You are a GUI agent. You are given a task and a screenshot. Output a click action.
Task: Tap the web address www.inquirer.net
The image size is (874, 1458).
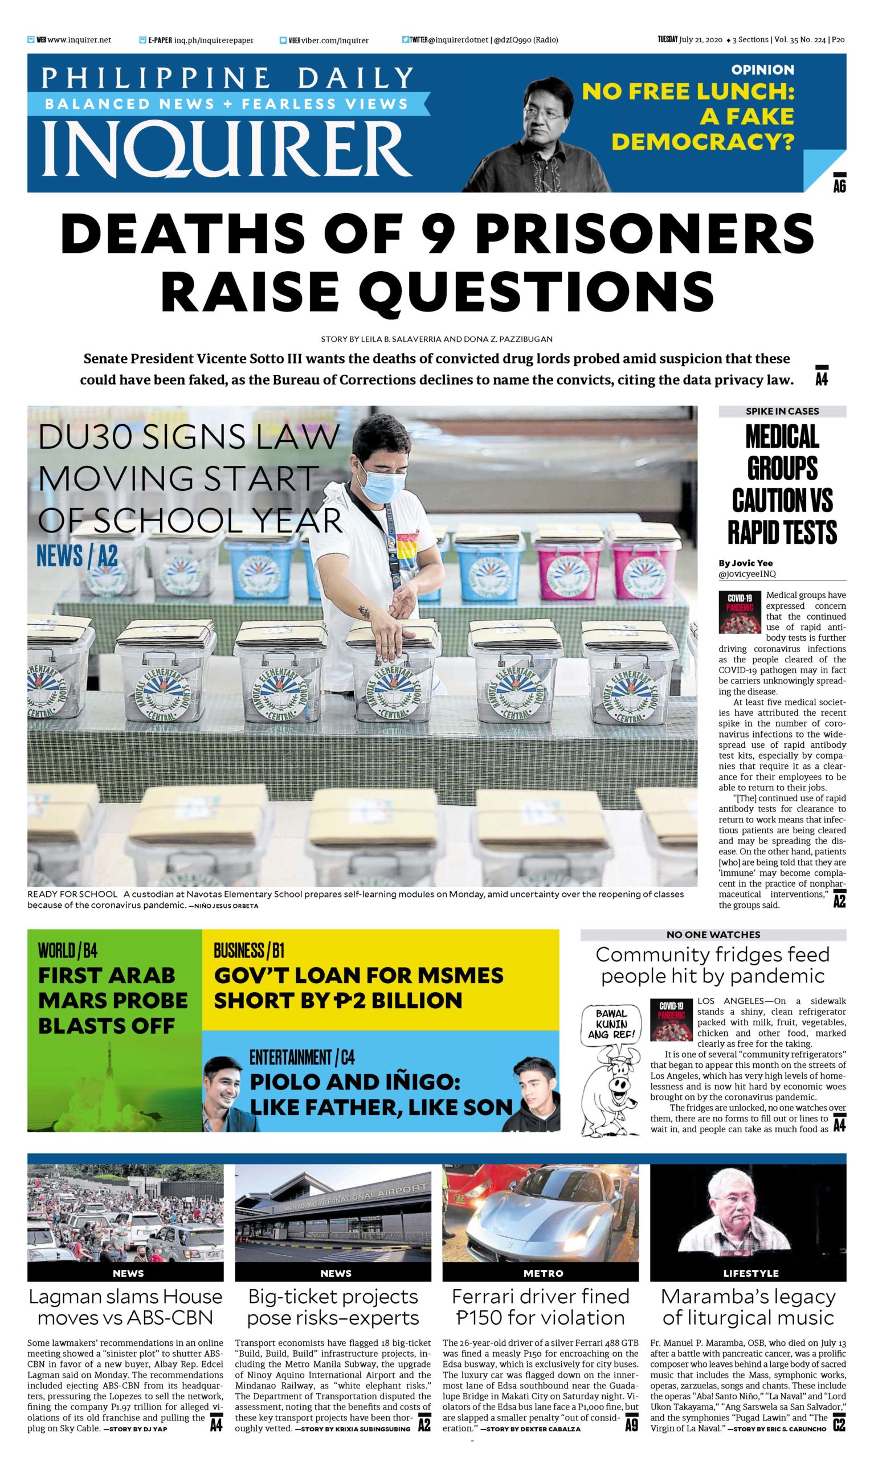pyautogui.click(x=79, y=40)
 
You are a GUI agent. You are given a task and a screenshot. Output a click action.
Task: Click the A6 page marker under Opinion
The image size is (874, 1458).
pyautogui.click(x=839, y=183)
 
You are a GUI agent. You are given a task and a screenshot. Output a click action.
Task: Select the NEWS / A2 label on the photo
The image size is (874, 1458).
pyautogui.click(x=77, y=556)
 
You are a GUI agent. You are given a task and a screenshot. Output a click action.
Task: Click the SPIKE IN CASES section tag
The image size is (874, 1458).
pyautogui.click(x=782, y=411)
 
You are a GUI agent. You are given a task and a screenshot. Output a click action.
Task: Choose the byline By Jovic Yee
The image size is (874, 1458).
pyautogui.click(x=745, y=563)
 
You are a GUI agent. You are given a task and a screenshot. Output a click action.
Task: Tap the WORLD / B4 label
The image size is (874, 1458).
pyautogui.click(x=68, y=950)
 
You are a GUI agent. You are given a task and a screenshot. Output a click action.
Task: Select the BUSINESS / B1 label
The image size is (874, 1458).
pyautogui.click(x=248, y=950)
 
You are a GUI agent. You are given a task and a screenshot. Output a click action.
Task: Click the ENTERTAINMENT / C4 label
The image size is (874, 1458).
pyautogui.click(x=301, y=1058)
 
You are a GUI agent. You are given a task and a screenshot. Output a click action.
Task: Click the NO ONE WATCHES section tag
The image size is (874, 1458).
pyautogui.click(x=713, y=935)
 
